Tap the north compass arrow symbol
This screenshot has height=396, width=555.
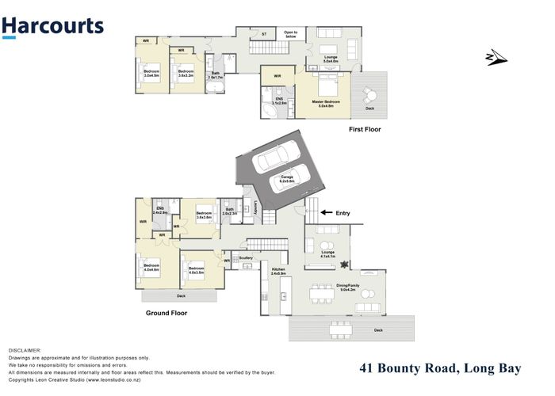point(494,55)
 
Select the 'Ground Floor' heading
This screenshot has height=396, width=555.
point(166,314)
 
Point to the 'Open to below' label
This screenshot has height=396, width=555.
point(290,35)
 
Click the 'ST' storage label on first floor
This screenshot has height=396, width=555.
point(263,34)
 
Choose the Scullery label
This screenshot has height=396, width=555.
point(245,257)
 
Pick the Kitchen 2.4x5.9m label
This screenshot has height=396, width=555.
point(278,272)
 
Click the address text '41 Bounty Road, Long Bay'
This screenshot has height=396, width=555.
point(448,367)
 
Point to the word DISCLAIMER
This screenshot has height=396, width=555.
point(25,349)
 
